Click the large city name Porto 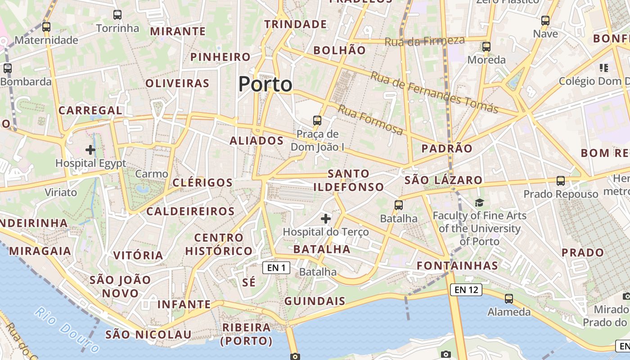tap(265, 84)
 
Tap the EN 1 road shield tap(276, 268)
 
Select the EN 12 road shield tap(466, 290)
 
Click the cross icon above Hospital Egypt tap(90, 149)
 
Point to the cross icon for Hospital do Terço tap(326, 219)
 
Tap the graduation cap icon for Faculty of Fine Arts tap(479, 203)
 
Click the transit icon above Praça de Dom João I tap(317, 120)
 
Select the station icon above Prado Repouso tap(560, 181)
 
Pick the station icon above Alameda tap(509, 298)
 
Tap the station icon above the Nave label tap(545, 20)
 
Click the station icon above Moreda tap(486, 46)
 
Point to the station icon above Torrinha tap(117, 15)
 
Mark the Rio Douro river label tap(67, 329)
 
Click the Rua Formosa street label tap(370, 120)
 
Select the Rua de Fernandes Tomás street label tap(434, 92)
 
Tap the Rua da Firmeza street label tap(424, 41)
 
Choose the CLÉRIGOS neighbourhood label tap(202, 183)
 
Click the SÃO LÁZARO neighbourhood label tap(443, 180)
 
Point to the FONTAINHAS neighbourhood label tap(457, 265)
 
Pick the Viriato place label tap(61, 193)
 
